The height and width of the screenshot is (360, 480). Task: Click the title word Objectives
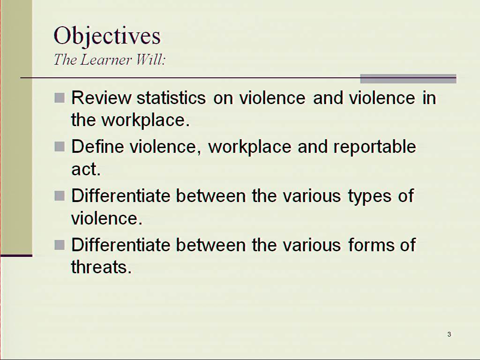tap(107, 36)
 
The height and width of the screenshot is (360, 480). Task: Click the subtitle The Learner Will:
tap(110, 60)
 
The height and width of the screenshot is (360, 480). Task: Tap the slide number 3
tap(449, 334)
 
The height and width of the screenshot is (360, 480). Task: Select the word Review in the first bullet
tap(101, 98)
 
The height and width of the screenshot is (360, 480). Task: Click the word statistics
tap(171, 98)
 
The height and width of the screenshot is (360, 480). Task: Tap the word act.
tap(86, 169)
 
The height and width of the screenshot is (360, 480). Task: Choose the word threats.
tap(101, 267)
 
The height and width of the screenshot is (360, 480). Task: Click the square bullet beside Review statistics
tap(60, 98)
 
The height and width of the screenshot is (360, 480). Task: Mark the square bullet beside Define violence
tap(60, 147)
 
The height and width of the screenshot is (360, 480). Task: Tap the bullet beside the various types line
tap(60, 195)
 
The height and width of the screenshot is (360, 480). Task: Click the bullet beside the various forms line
tap(60, 245)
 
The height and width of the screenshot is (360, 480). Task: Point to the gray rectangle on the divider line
tap(408, 79)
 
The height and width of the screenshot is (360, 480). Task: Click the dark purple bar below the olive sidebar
tap(16, 255)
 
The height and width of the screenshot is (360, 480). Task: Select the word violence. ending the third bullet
tap(107, 218)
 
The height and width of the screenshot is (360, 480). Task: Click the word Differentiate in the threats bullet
tap(120, 245)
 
